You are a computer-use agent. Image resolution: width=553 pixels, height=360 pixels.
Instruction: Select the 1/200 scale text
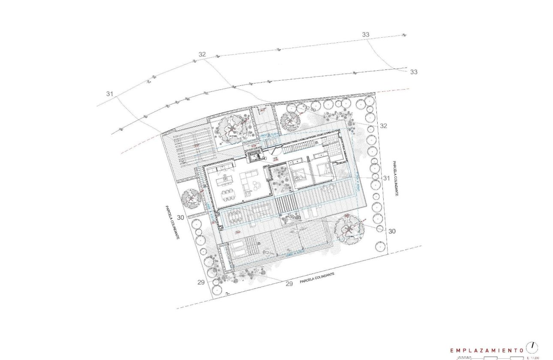[532, 357]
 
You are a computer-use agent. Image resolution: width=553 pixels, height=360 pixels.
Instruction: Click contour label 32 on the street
[202, 54]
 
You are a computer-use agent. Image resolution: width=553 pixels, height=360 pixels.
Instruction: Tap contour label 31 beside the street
[110, 94]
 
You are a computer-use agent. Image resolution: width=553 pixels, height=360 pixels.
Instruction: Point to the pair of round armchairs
[257, 186]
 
